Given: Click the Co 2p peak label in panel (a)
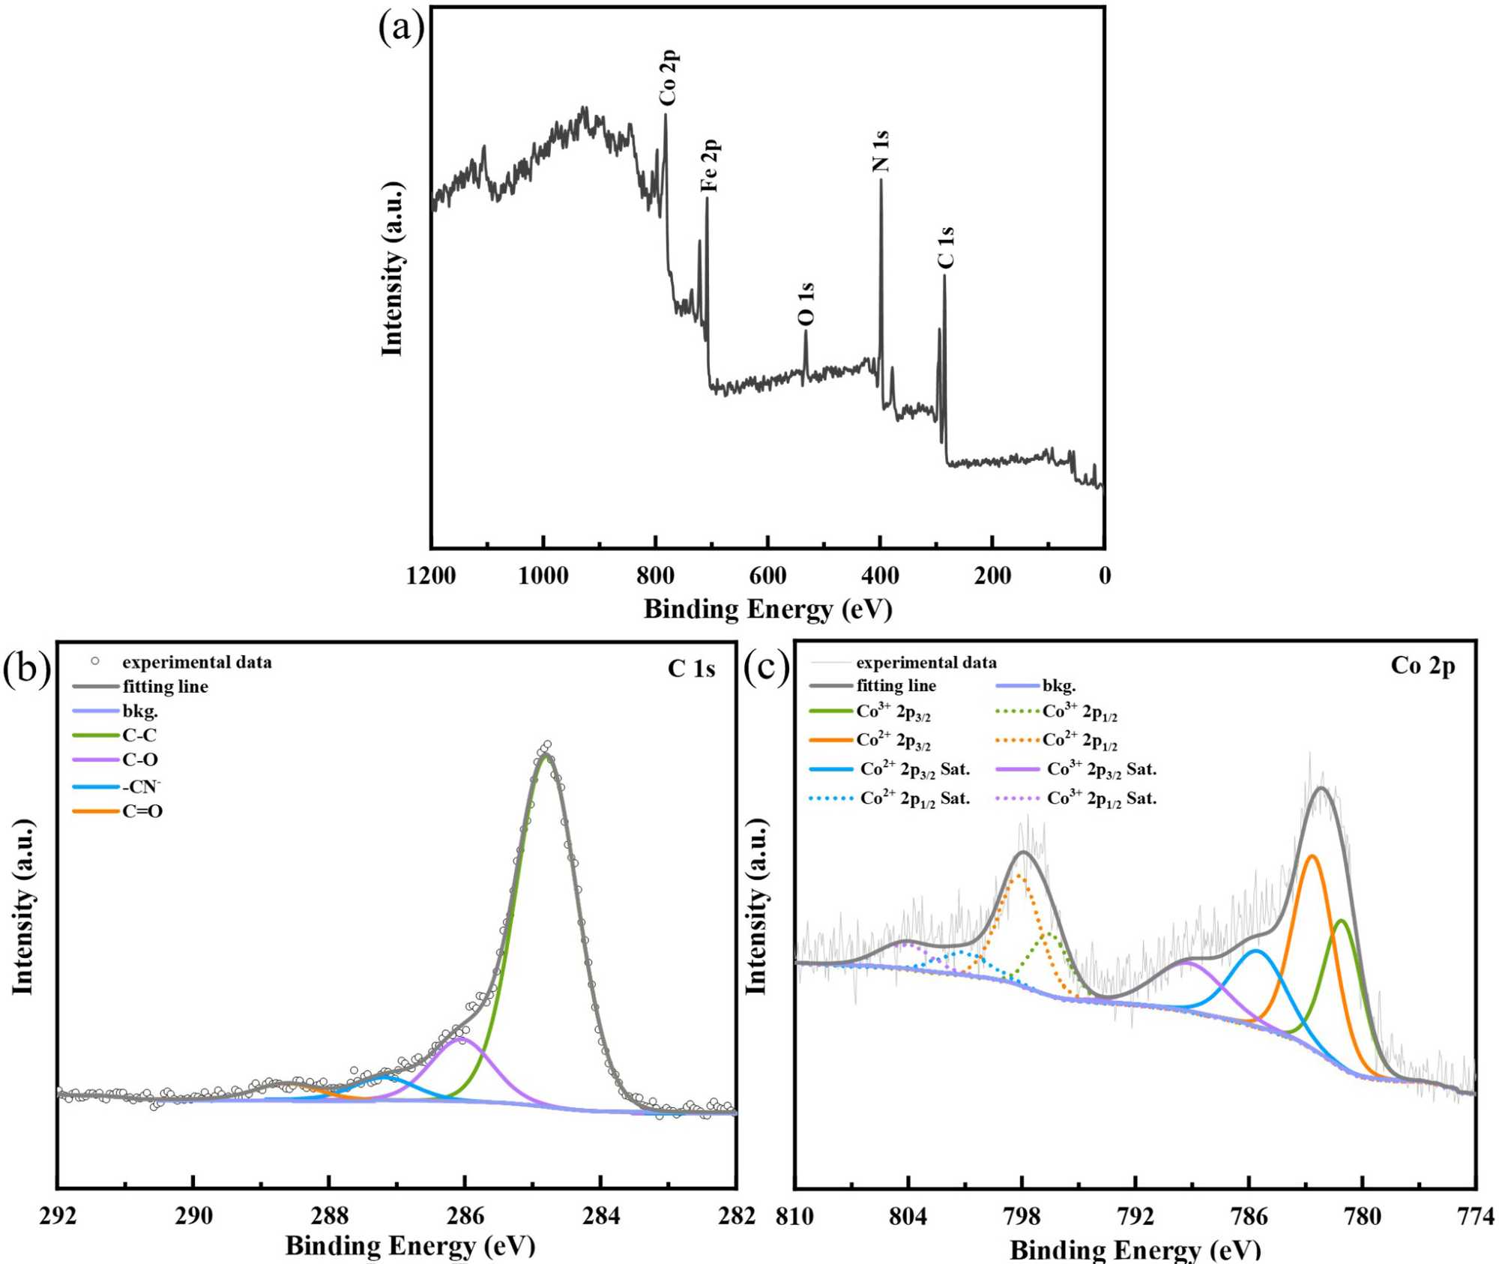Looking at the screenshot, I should point(669,78).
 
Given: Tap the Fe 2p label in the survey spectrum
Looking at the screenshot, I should point(709,165).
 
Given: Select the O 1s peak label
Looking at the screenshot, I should point(806,304).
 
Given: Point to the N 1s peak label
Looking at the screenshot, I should point(881,151).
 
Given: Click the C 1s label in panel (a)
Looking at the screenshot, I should point(946,247).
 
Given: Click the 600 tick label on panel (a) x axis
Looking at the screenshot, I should point(767,576).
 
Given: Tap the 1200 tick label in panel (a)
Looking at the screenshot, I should point(431,576).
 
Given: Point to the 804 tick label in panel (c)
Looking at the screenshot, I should point(908,1216).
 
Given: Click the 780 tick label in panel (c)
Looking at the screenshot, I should point(1362,1216).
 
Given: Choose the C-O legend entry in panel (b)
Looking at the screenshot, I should point(139,760).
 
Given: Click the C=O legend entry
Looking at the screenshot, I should point(142,811).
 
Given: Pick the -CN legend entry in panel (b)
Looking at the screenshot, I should point(141,786).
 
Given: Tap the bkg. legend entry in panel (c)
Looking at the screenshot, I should point(1058,686).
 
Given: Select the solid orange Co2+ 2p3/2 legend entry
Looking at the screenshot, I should point(893,741).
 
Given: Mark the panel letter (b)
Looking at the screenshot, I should point(27,668).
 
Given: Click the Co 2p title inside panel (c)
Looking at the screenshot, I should point(1423,665).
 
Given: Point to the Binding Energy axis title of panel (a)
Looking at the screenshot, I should point(767,609).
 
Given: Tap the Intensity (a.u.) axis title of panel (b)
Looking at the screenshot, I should point(23,907).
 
